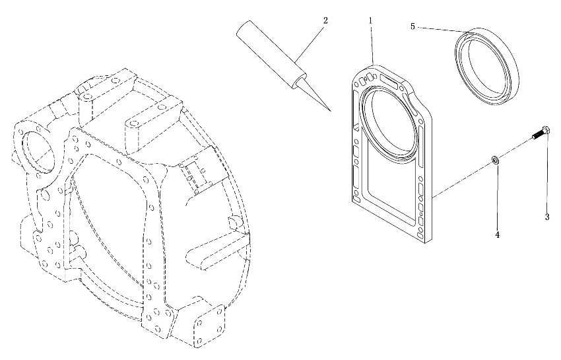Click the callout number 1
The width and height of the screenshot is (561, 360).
pyautogui.click(x=371, y=20)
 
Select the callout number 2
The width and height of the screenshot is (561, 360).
pyautogui.click(x=325, y=20)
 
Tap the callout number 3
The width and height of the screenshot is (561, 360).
pyautogui.click(x=547, y=217)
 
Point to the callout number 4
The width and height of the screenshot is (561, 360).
pyautogui.click(x=498, y=234)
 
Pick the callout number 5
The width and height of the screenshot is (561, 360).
pyautogui.click(x=412, y=26)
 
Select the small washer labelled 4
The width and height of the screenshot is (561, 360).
pyautogui.click(x=495, y=160)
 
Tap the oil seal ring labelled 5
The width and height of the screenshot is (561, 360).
pyautogui.click(x=486, y=66)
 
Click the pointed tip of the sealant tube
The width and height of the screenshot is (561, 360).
pyautogui.click(x=331, y=111)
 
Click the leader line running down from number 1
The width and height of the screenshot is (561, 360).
pyautogui.click(x=372, y=44)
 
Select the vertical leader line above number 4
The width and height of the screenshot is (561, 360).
pyautogui.click(x=496, y=197)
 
